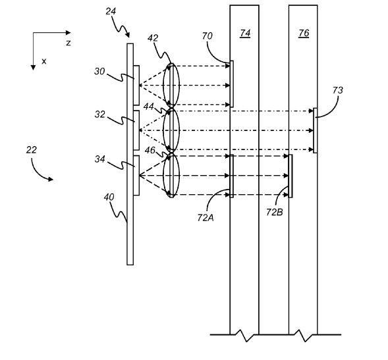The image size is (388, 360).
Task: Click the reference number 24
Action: pyautogui.click(x=111, y=11)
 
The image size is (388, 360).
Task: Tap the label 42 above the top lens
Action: pyautogui.click(x=153, y=38)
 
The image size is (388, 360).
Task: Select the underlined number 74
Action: pyautogui.click(x=245, y=33)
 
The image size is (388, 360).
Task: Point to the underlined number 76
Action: pyautogui.click(x=304, y=33)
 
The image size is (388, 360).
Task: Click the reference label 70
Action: pyautogui.click(x=207, y=36)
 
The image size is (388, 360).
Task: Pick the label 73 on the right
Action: pyautogui.click(x=338, y=90)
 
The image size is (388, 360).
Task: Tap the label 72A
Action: pyautogui.click(x=206, y=218)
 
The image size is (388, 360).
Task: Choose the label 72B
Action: pyautogui.click(x=275, y=212)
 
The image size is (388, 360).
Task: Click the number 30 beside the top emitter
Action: pyautogui.click(x=99, y=72)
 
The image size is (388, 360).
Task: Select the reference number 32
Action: pyautogui.click(x=99, y=115)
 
